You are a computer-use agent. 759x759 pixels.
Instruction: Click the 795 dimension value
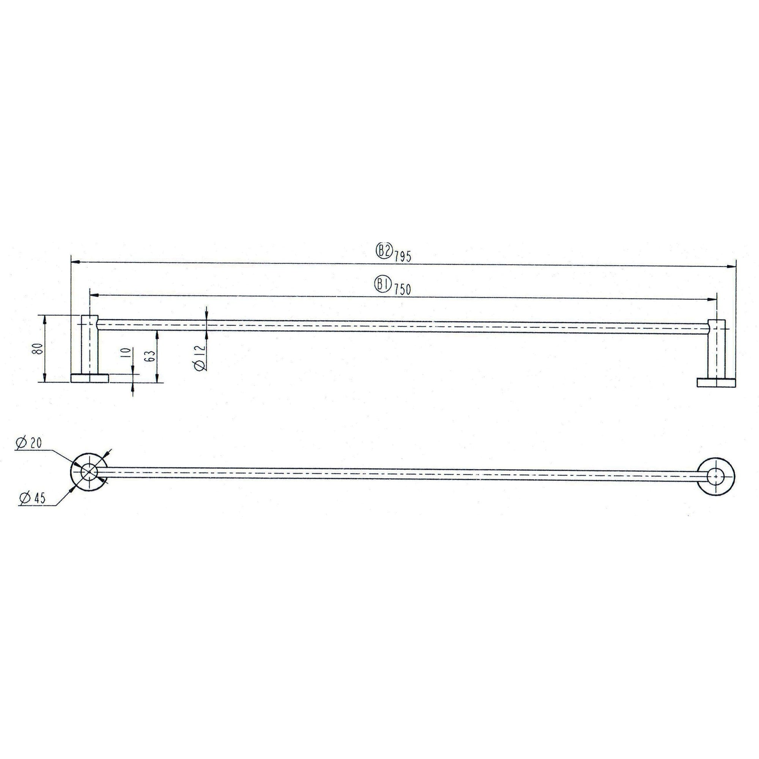pyautogui.click(x=403, y=257)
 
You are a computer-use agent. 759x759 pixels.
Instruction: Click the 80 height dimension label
pyautogui.click(x=38, y=348)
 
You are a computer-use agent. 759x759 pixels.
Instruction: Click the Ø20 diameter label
pyautogui.click(x=28, y=443)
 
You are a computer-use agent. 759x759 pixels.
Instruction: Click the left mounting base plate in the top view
pyautogui.click(x=89, y=378)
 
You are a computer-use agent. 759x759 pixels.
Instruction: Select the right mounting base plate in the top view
pyautogui.click(x=716, y=383)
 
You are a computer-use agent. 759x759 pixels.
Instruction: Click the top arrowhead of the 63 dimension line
pyautogui.click(x=157, y=334)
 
